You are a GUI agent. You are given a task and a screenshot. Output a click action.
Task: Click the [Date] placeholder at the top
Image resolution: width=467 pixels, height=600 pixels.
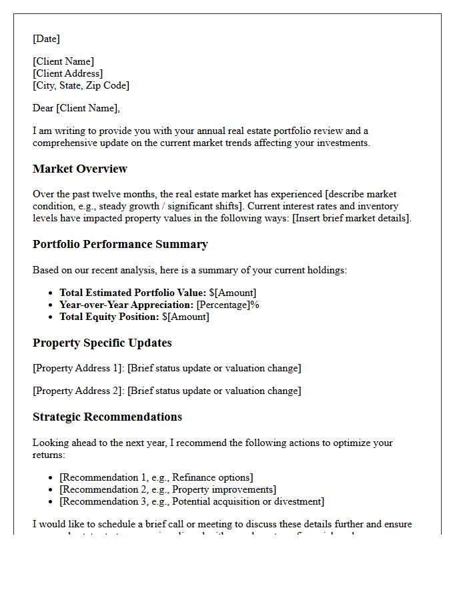[46, 39]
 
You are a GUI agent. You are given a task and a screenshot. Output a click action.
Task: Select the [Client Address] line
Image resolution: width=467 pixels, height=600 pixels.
[67, 73]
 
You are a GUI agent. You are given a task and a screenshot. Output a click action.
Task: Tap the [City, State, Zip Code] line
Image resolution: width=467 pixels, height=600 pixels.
[81, 85]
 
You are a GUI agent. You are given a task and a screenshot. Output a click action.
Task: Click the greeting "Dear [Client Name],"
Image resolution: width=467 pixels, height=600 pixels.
[76, 108]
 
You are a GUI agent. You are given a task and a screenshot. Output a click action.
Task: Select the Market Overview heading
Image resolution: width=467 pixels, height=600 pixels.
[79, 169]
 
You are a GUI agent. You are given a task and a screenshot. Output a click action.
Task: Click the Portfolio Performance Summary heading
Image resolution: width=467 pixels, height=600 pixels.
[120, 244]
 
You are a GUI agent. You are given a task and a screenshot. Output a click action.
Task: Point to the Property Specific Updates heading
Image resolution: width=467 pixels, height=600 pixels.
[102, 343]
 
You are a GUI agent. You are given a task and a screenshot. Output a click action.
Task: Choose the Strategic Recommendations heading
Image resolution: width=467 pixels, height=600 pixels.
[107, 417]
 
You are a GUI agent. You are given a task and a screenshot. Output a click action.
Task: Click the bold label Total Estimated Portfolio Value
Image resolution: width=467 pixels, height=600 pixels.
[133, 293]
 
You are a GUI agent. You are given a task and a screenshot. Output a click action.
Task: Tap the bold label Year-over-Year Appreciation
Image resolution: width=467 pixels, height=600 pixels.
[126, 305]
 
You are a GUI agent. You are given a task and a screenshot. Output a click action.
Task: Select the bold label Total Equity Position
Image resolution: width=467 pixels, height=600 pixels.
[109, 317]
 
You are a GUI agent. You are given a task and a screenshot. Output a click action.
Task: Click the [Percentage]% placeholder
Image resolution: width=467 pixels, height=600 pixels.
[227, 305]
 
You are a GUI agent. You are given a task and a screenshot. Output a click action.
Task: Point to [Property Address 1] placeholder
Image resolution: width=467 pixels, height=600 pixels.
[78, 368]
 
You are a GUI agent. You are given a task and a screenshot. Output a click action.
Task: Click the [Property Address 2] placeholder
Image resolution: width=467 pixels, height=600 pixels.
[78, 391]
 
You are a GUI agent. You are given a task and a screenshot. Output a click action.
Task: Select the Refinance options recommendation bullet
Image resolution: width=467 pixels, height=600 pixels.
[156, 477]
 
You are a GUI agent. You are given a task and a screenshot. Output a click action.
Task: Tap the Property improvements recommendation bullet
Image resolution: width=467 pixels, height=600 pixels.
[167, 489]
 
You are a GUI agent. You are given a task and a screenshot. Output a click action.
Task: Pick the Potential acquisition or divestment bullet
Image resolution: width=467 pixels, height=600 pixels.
[191, 501]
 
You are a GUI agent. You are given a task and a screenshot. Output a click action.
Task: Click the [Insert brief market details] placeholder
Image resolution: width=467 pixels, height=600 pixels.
[352, 218]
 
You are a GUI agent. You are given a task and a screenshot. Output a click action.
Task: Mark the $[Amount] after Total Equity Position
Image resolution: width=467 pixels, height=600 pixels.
[185, 317]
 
